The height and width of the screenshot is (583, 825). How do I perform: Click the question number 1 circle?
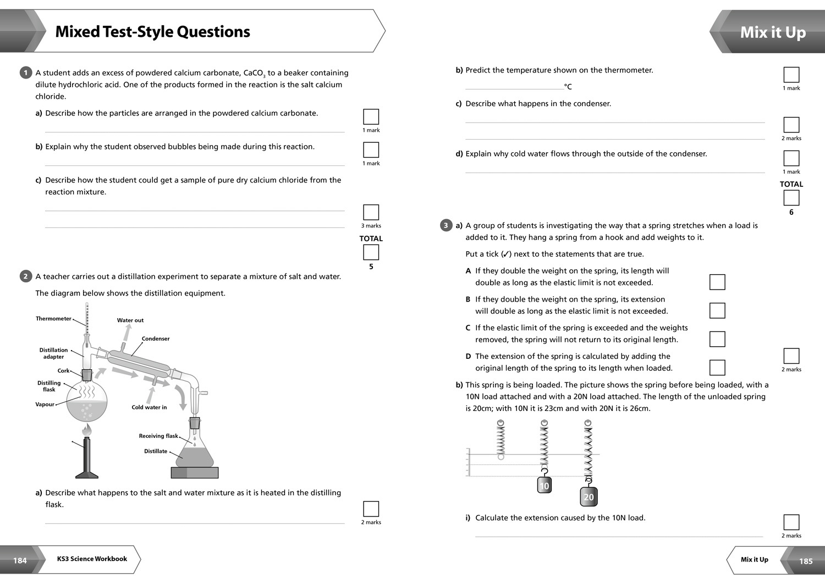coord(25,73)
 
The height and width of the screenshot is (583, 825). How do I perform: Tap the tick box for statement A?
coord(717,282)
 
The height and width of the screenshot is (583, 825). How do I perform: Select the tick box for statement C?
coord(717,339)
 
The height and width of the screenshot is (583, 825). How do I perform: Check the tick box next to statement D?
coord(717,368)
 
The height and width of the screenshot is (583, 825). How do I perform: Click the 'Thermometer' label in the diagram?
coord(53,319)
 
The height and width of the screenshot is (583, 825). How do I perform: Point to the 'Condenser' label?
coord(156,338)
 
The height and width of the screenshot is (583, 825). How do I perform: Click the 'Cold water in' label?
coord(149,407)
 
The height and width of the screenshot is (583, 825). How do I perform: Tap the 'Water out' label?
coord(130,320)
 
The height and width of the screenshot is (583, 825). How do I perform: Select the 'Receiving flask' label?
coord(158,436)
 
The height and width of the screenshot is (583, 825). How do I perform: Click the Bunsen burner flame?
coord(87,429)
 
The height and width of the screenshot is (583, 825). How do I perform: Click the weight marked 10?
coord(544,486)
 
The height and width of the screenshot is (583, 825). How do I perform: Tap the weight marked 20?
coord(588,497)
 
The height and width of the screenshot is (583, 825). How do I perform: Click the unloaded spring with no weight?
coord(501,440)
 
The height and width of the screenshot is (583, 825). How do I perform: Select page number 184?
coord(20,560)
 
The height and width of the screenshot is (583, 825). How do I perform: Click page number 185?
coord(806,561)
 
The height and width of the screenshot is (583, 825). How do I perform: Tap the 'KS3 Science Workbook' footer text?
coord(92,559)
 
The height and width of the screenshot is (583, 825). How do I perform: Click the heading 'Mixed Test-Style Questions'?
coord(153,32)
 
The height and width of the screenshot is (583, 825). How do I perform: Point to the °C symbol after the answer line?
coord(568,87)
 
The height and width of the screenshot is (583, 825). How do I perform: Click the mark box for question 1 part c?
coord(371,212)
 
